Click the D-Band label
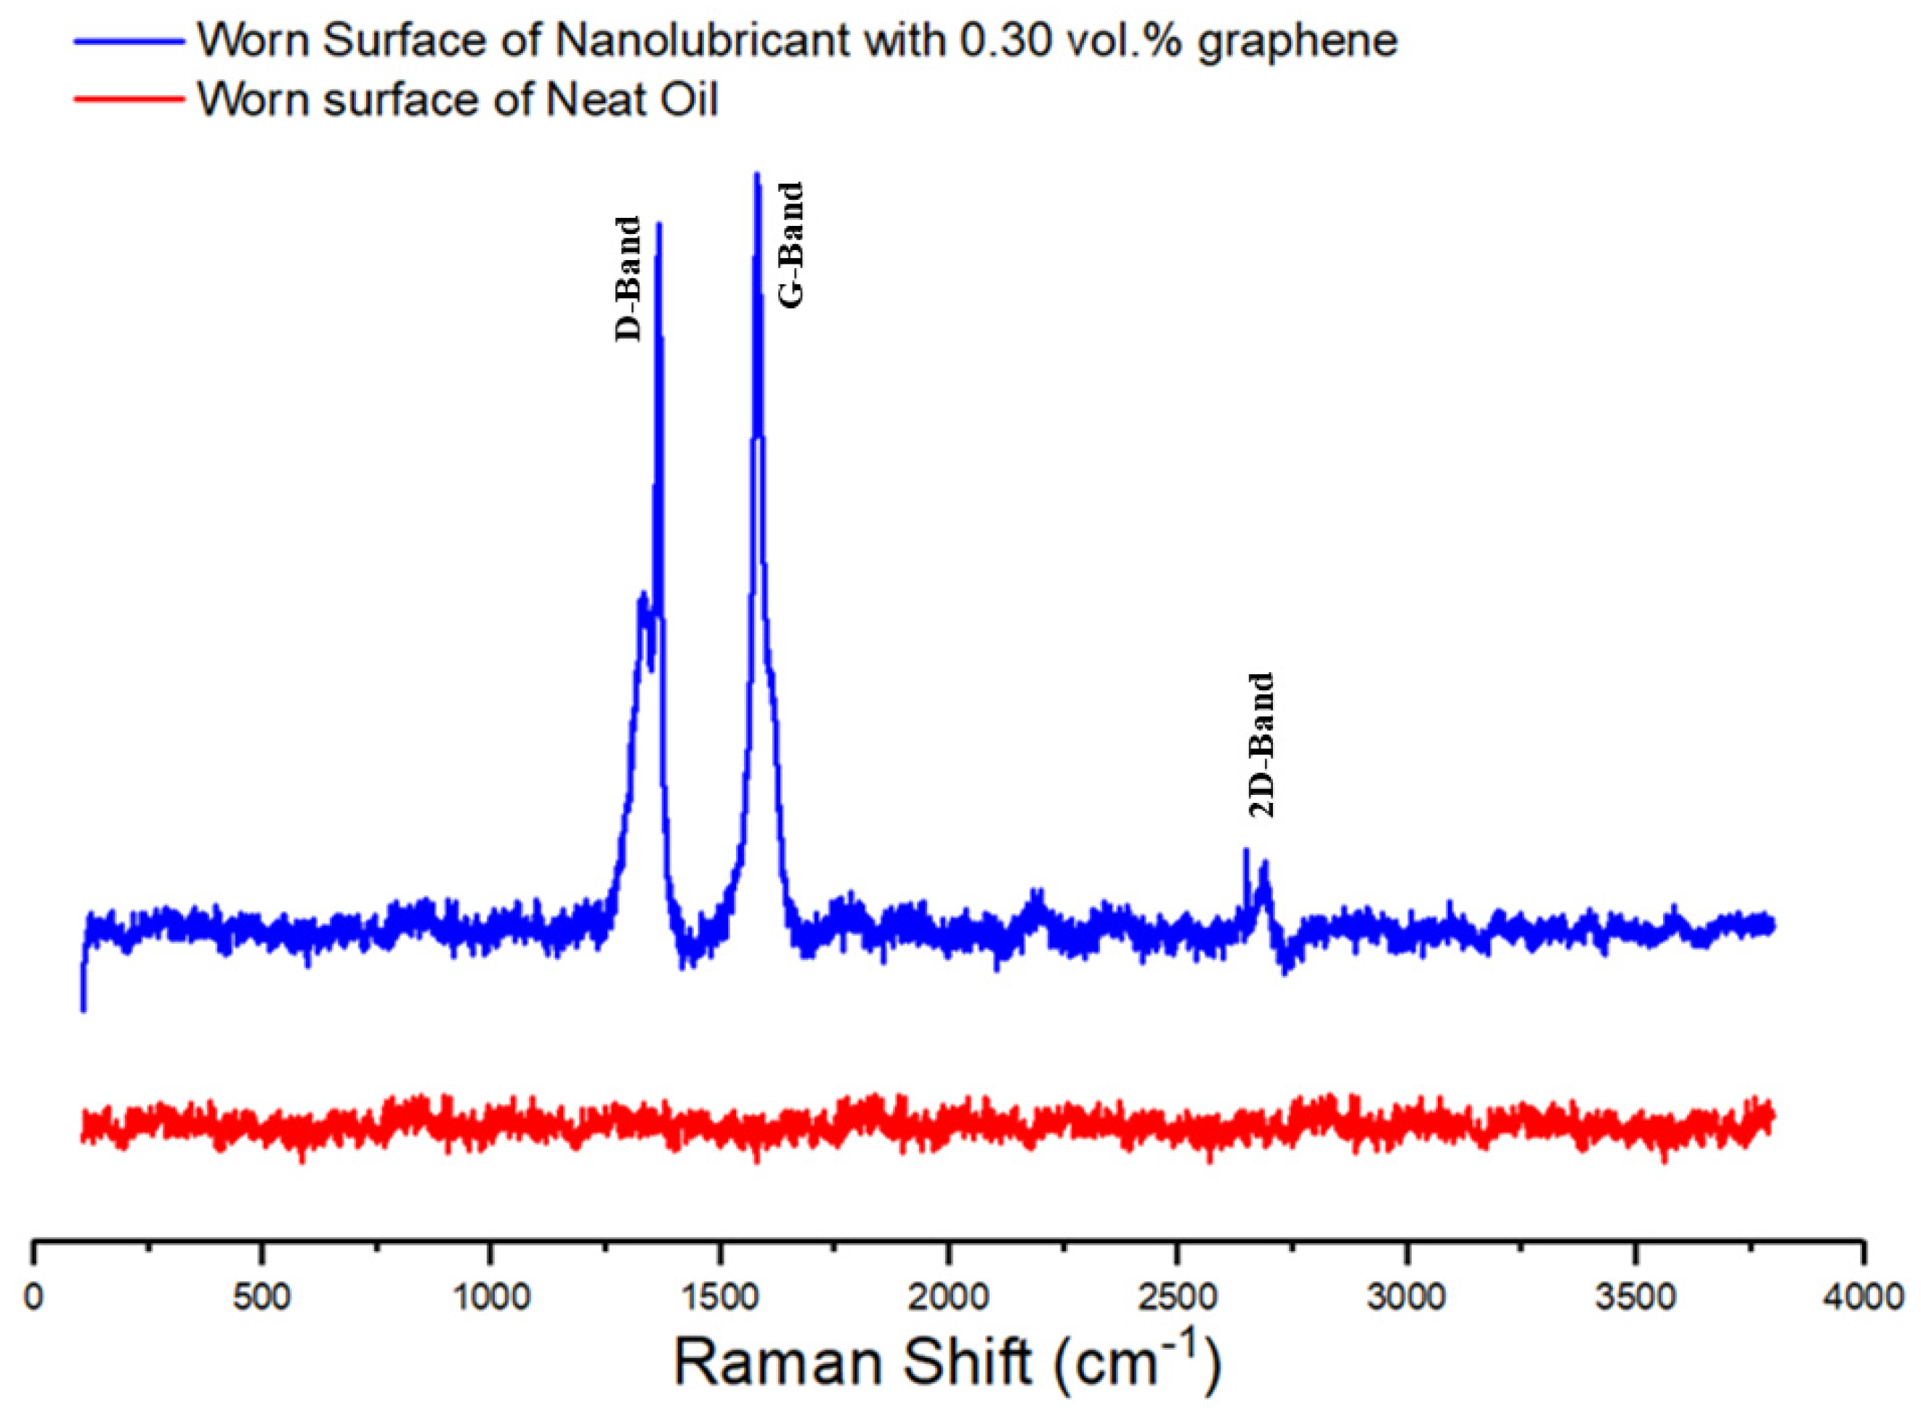(x=628, y=279)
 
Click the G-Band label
(x=791, y=245)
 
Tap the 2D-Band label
(x=1261, y=745)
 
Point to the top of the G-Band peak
(x=756, y=175)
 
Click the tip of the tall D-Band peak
(x=659, y=225)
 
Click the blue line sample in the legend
(x=129, y=41)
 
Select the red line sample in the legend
(x=129, y=100)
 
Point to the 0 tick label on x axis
(x=33, y=1296)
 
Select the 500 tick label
(x=261, y=1296)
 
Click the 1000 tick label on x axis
(x=490, y=1296)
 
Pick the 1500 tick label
(x=719, y=1296)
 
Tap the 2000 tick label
(x=948, y=1296)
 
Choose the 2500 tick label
(x=1176, y=1296)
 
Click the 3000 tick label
(x=1406, y=1296)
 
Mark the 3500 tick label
(x=1634, y=1296)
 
